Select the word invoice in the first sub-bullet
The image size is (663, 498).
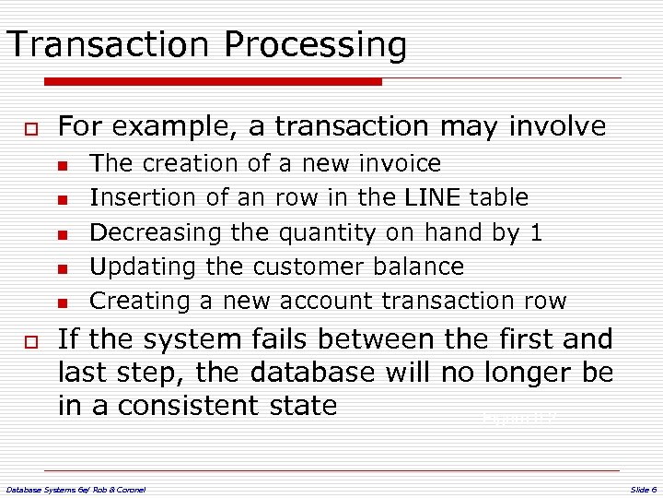pyautogui.click(x=401, y=163)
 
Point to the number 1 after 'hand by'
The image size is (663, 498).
pyautogui.click(x=536, y=231)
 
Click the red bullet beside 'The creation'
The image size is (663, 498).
pyautogui.click(x=62, y=165)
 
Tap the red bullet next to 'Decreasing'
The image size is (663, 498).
pyautogui.click(x=62, y=233)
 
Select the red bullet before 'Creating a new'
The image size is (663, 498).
pyautogui.click(x=62, y=302)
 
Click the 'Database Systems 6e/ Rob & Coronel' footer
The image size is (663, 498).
pyautogui.click(x=76, y=488)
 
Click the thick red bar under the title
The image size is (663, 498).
pyautogui.click(x=193, y=82)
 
